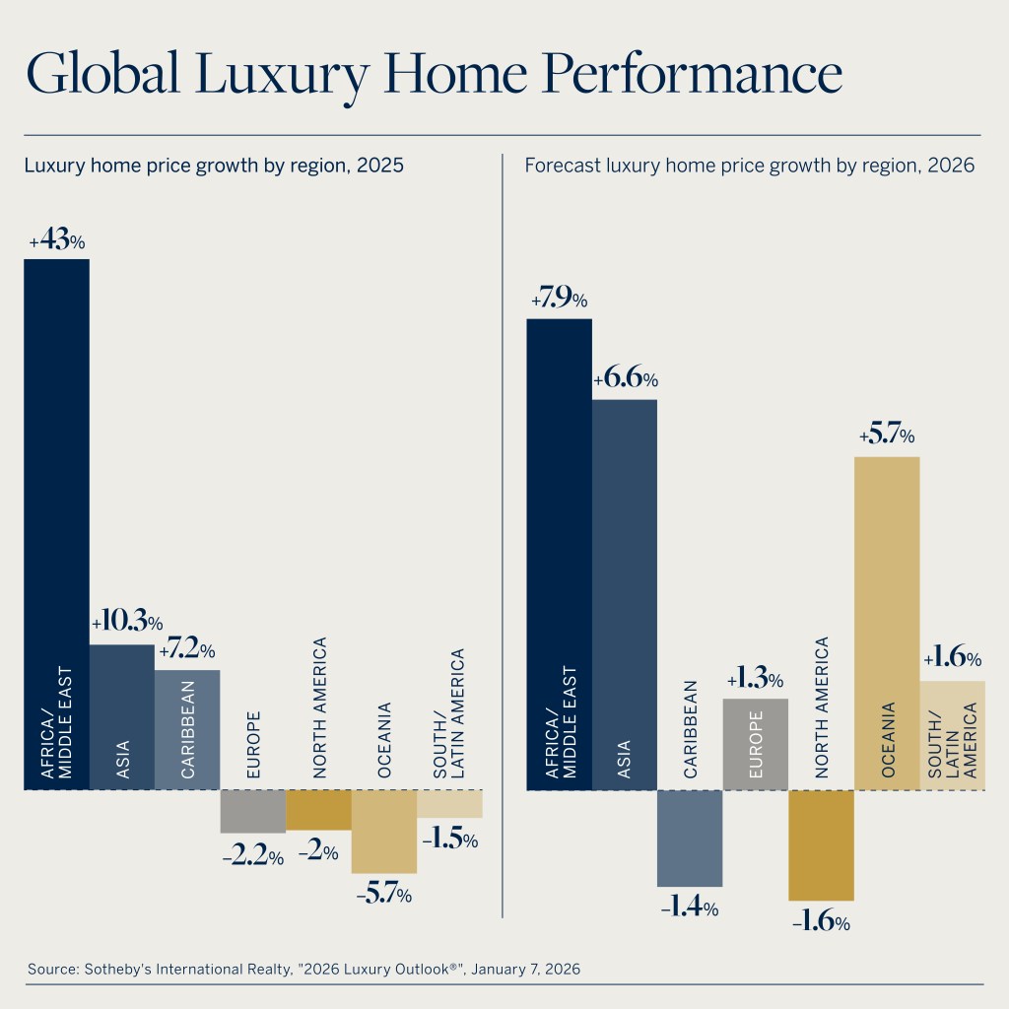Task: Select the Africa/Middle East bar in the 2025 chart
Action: (56, 522)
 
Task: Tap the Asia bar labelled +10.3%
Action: (122, 716)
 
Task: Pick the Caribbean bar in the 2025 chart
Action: (187, 729)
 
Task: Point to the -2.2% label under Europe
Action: (252, 857)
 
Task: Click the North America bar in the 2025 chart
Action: (318, 809)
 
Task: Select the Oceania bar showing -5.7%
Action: (383, 831)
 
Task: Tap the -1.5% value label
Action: (450, 841)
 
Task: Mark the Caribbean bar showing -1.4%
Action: (690, 838)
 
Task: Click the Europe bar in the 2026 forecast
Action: (755, 744)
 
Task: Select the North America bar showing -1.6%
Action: (821, 844)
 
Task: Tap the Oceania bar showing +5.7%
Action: (887, 623)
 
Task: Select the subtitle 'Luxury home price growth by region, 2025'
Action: (214, 166)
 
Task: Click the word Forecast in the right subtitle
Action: (560, 166)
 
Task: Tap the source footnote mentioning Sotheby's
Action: (303, 969)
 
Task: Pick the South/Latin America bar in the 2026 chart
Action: (952, 735)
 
